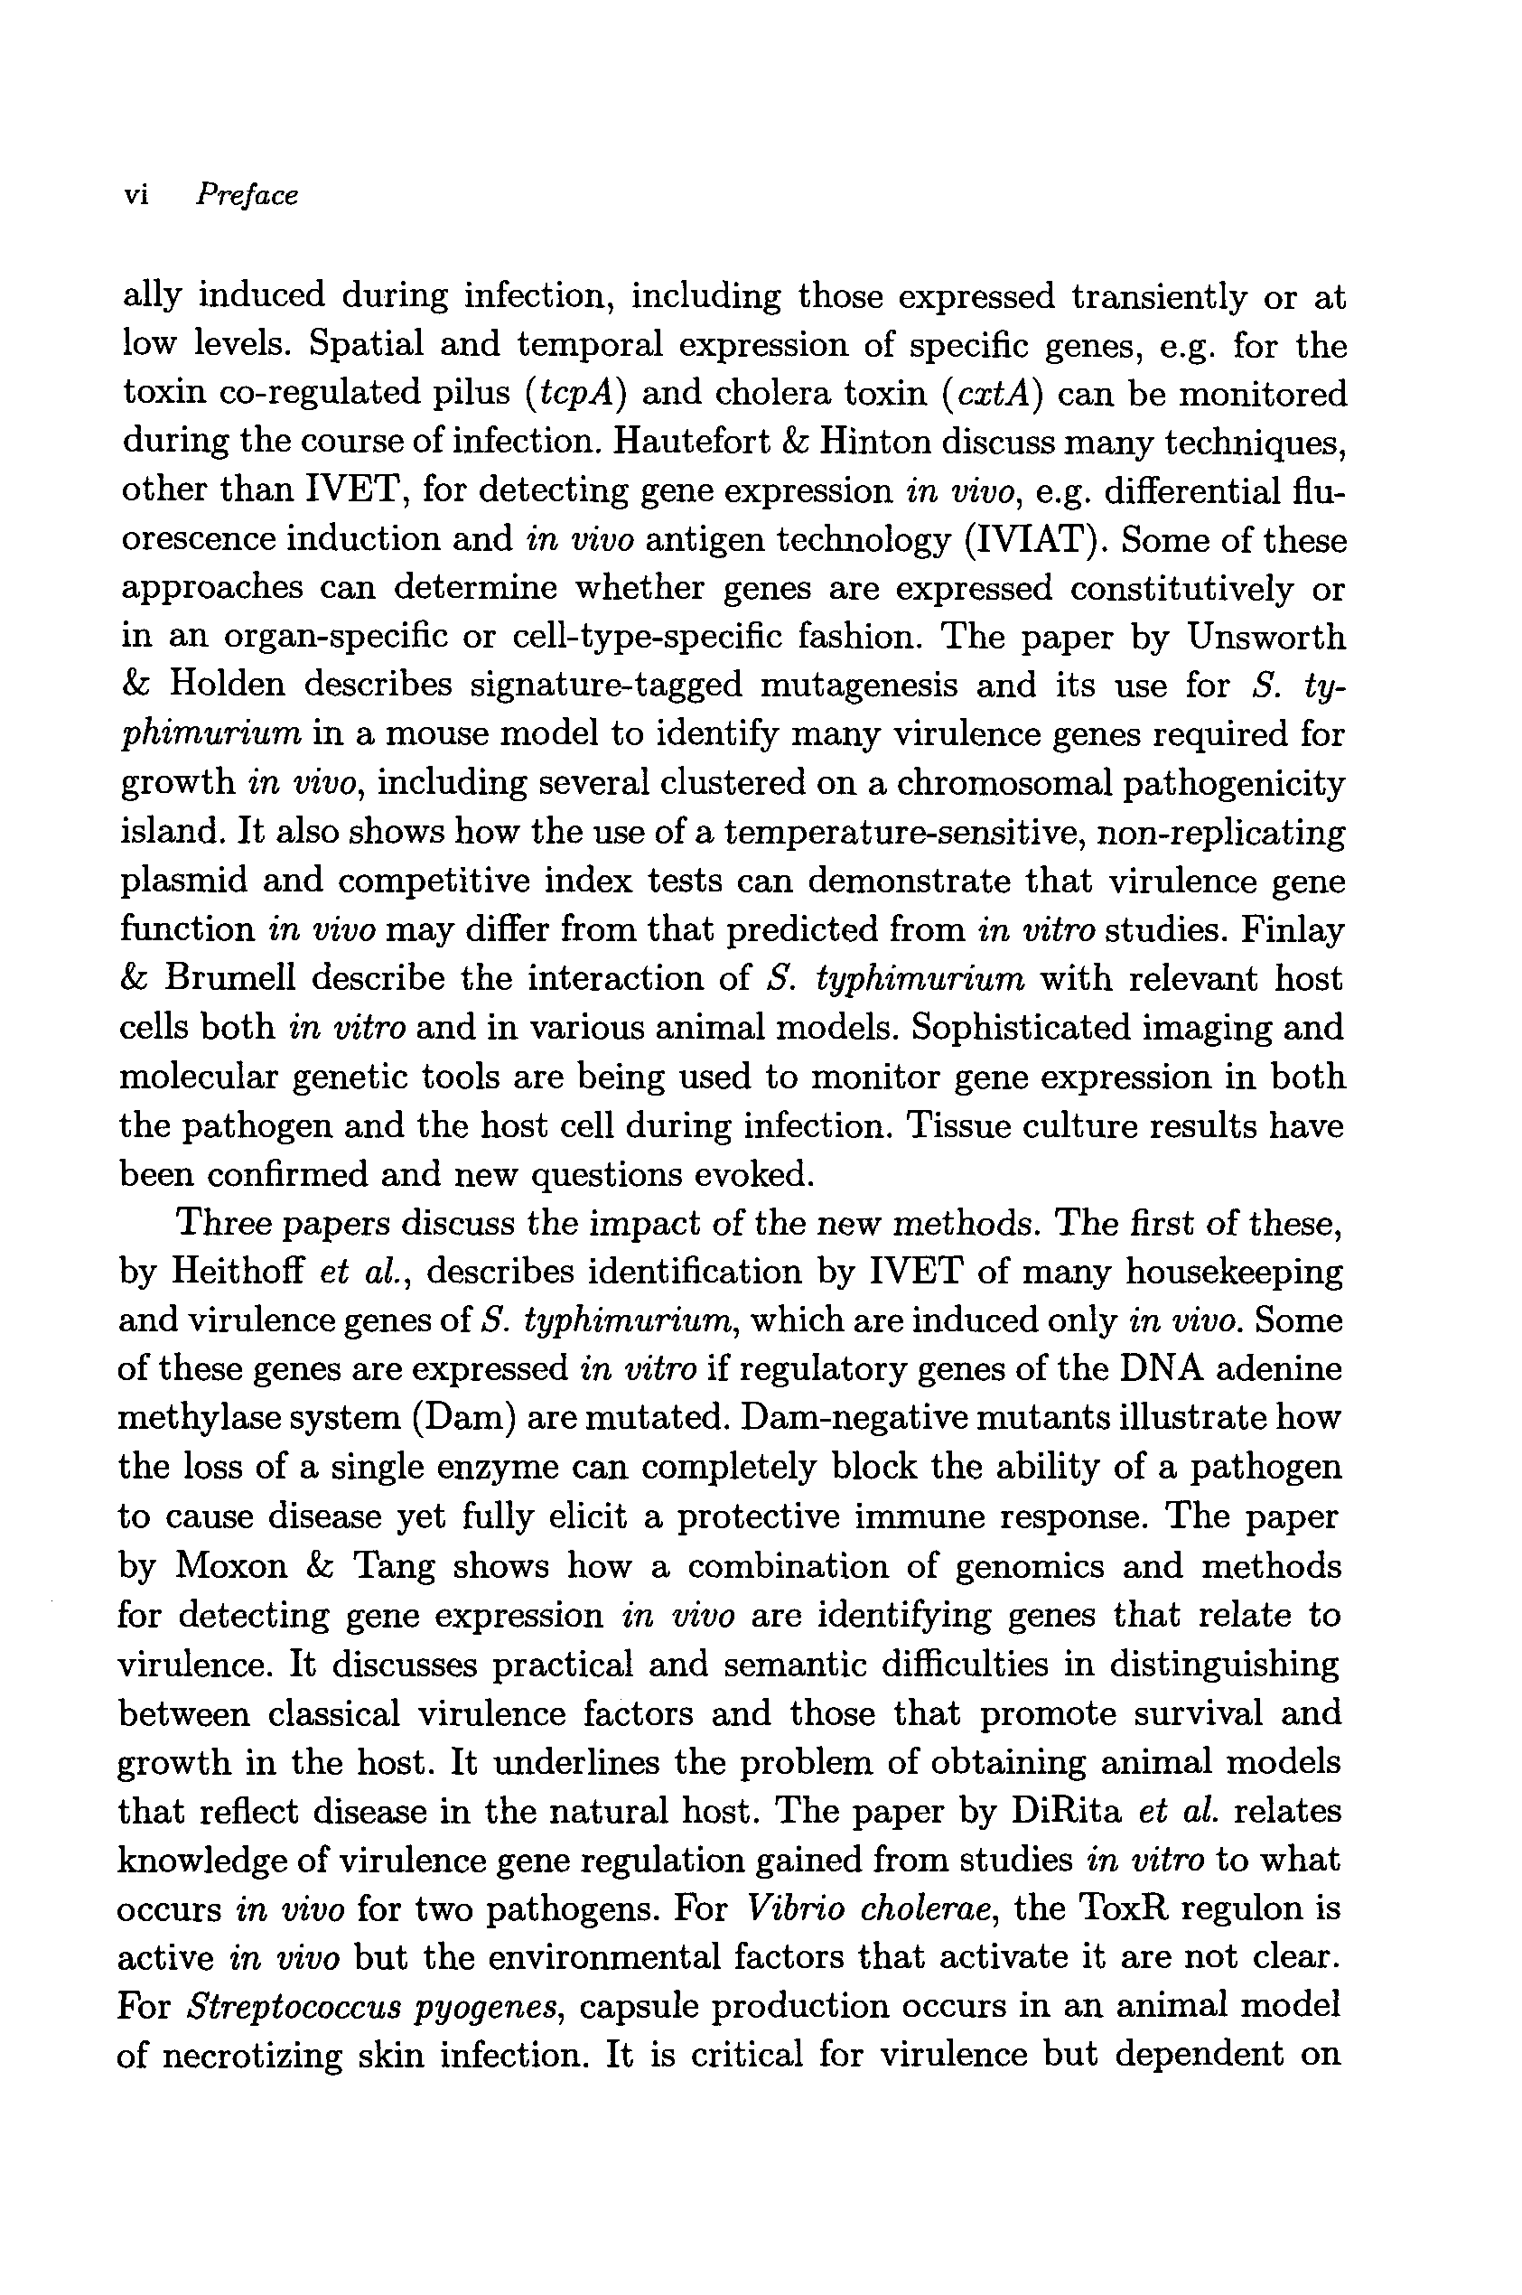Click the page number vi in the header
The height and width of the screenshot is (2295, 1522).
click(135, 195)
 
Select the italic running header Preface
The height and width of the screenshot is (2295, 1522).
click(247, 195)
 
